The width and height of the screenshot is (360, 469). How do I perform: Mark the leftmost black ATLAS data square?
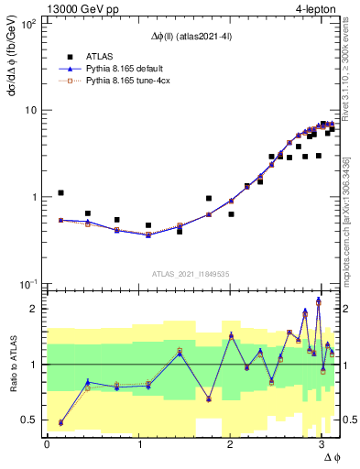click(x=60, y=193)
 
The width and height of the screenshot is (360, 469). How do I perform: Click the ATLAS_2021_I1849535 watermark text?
click(x=191, y=273)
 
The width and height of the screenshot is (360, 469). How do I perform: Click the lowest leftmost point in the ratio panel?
click(x=60, y=422)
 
